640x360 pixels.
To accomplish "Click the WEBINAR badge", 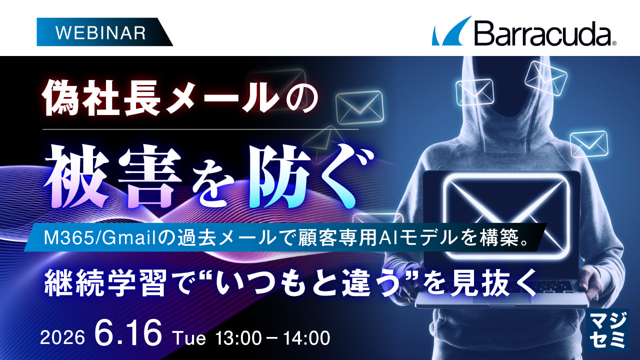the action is click(104, 32).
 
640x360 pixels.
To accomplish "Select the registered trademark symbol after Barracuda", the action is click(614, 43).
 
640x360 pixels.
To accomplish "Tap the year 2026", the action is click(62, 338).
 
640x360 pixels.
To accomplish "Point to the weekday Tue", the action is click(190, 338).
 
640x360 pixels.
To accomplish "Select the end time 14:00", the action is click(306, 338).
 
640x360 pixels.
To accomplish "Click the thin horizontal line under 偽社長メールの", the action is click(200, 129).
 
